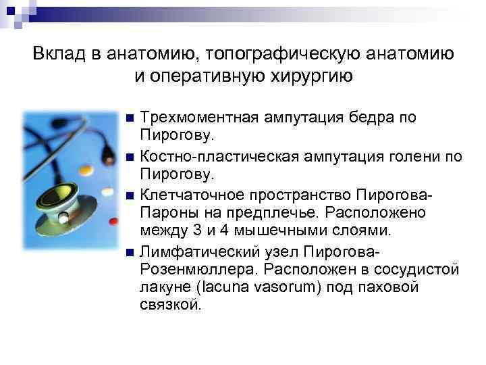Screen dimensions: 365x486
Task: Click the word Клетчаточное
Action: click(x=196, y=196)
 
